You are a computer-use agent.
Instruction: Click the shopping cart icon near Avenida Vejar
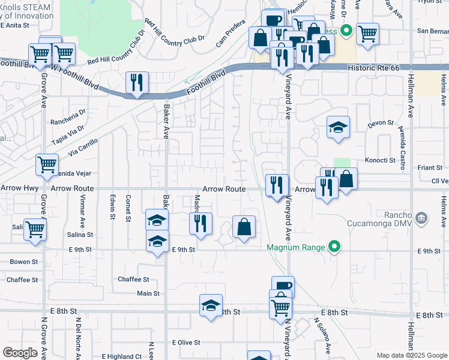[x=47, y=164]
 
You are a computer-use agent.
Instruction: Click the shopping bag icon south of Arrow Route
[x=244, y=227]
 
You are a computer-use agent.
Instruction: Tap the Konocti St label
[x=380, y=161]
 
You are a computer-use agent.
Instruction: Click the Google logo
[x=20, y=353]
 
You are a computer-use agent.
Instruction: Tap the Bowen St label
[x=24, y=262]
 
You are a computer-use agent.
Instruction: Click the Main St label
[x=148, y=293]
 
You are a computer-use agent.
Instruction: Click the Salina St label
[x=80, y=235]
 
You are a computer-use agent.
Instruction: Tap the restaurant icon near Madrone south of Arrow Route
[x=200, y=224]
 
